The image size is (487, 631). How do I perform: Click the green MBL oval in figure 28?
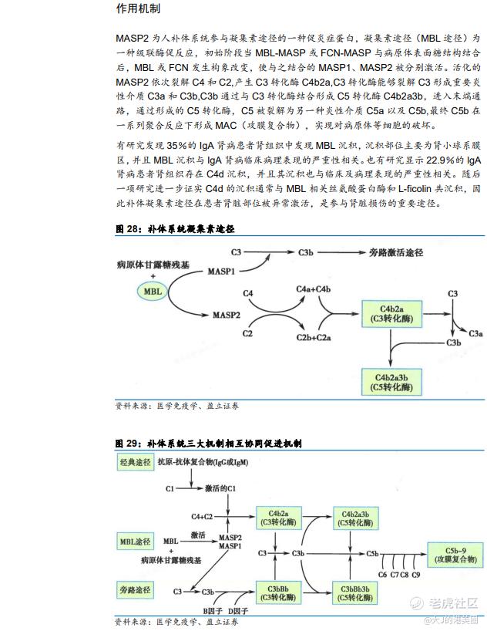click(153, 292)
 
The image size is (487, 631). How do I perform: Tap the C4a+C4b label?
click(314, 289)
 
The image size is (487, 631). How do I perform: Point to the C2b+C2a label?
click(313, 338)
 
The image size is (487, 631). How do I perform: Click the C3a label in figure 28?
click(476, 333)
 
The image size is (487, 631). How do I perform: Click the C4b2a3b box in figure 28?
click(391, 380)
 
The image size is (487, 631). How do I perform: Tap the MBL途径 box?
click(136, 540)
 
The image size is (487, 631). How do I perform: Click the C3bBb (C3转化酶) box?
click(278, 590)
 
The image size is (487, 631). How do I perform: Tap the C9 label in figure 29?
click(415, 575)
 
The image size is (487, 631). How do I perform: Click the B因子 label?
click(213, 611)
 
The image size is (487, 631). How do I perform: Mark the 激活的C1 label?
click(220, 489)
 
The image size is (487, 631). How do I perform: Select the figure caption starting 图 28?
click(174, 229)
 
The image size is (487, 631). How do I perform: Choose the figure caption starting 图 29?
click(208, 444)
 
